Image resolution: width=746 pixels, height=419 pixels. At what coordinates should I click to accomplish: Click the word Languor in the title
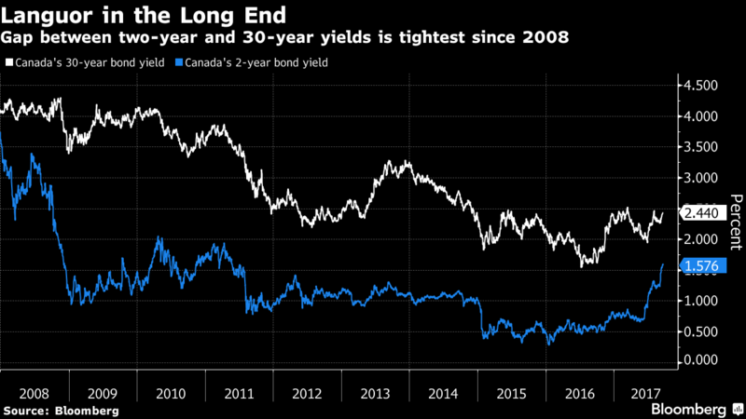point(48,16)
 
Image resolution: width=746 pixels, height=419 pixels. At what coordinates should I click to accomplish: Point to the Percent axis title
point(735,220)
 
